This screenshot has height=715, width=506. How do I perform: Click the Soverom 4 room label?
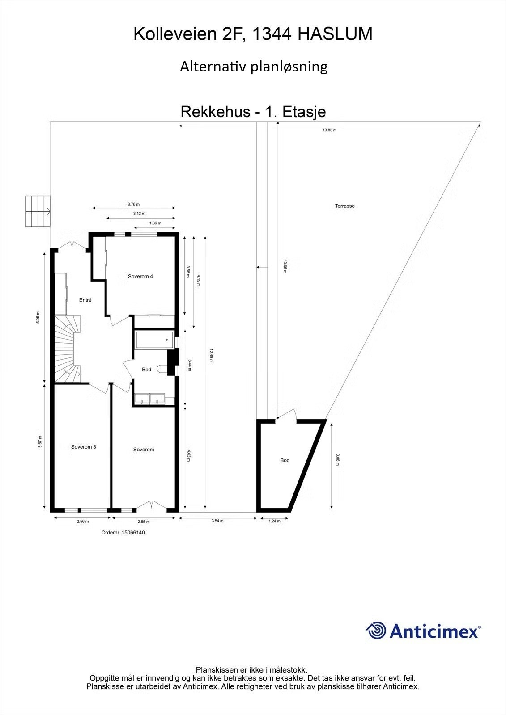coord(140,277)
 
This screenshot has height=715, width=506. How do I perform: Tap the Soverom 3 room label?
coord(84,447)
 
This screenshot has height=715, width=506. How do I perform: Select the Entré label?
coord(85,300)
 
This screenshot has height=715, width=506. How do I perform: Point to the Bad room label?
coord(146,370)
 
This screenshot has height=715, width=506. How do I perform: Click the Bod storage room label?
coord(285,460)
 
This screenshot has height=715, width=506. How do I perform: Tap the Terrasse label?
coord(345,206)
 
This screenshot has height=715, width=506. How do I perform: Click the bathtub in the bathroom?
coord(154,340)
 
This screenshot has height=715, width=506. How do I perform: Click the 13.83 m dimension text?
coord(330,130)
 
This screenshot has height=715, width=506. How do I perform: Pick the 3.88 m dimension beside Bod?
coord(337,460)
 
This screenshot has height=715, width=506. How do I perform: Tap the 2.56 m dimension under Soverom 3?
coord(83,522)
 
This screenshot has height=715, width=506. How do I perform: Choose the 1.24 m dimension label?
coord(274,521)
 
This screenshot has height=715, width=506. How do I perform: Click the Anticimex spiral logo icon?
coord(376,631)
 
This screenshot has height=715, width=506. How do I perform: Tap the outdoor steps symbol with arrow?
coord(38,211)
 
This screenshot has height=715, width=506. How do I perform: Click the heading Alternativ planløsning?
coord(254,67)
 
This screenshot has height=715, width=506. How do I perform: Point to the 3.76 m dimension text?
coord(133,205)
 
